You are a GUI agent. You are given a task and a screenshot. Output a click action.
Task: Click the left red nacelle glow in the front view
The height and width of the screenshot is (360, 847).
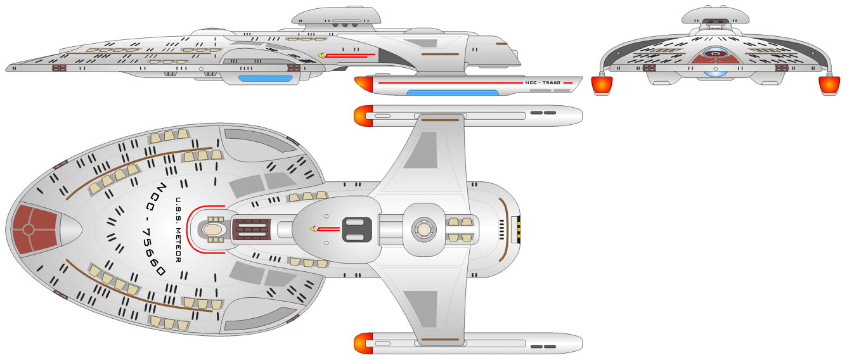click(601, 86)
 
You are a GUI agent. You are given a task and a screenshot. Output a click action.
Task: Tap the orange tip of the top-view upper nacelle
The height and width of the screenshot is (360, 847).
click(363, 115)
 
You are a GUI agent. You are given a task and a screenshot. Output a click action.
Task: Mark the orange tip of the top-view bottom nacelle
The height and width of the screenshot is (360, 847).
click(363, 343)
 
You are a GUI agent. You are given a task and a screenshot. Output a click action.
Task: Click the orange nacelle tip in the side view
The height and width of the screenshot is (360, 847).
click(363, 83)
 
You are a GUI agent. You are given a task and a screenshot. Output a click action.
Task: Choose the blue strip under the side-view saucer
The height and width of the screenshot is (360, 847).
click(265, 79)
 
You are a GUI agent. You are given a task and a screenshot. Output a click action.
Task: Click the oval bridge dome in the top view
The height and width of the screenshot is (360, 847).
click(214, 229)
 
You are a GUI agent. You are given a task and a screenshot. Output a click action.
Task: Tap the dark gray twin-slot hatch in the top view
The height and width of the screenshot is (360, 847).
click(356, 229)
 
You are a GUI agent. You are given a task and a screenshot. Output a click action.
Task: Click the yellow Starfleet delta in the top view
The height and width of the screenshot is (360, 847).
click(313, 229)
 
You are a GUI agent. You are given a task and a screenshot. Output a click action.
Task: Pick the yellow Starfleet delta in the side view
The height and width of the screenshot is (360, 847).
click(321, 56)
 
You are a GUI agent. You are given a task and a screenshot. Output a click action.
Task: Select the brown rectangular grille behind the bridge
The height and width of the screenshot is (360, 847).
click(252, 229)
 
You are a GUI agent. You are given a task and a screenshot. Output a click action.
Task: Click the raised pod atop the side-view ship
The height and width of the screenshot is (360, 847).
click(337, 15)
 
